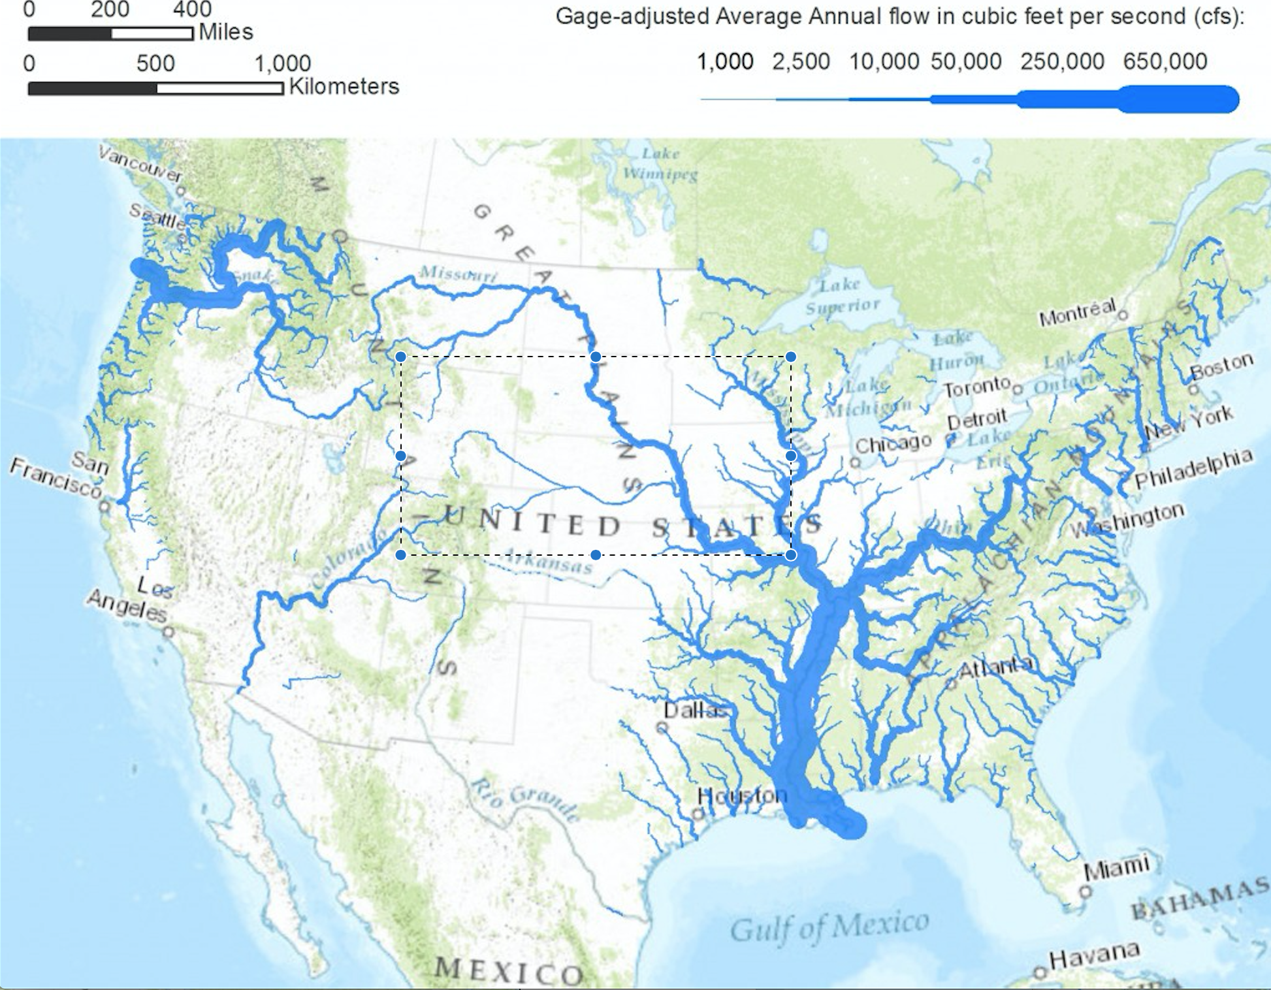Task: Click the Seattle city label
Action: coord(157,216)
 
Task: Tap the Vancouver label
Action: coord(140,163)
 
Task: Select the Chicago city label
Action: coord(893,444)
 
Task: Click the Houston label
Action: coord(742,795)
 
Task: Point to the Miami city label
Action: coord(1116,868)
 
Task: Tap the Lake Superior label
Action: coord(841,295)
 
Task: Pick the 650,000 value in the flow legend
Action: coord(1165,61)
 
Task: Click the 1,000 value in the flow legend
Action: coord(725,61)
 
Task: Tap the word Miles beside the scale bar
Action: coord(225,31)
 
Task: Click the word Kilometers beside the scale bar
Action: coord(344,86)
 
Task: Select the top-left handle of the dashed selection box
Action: coord(401,357)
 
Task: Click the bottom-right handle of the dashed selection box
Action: coord(791,555)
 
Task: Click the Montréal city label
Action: coord(1077,313)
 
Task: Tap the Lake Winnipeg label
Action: coord(660,164)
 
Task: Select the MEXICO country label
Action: coord(509,971)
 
